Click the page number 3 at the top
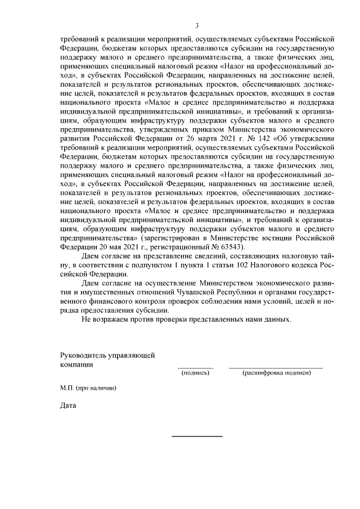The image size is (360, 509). [197, 25]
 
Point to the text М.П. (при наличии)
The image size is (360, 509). [89, 388]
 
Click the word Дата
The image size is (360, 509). [68, 406]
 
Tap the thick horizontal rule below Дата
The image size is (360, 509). [196, 436]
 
